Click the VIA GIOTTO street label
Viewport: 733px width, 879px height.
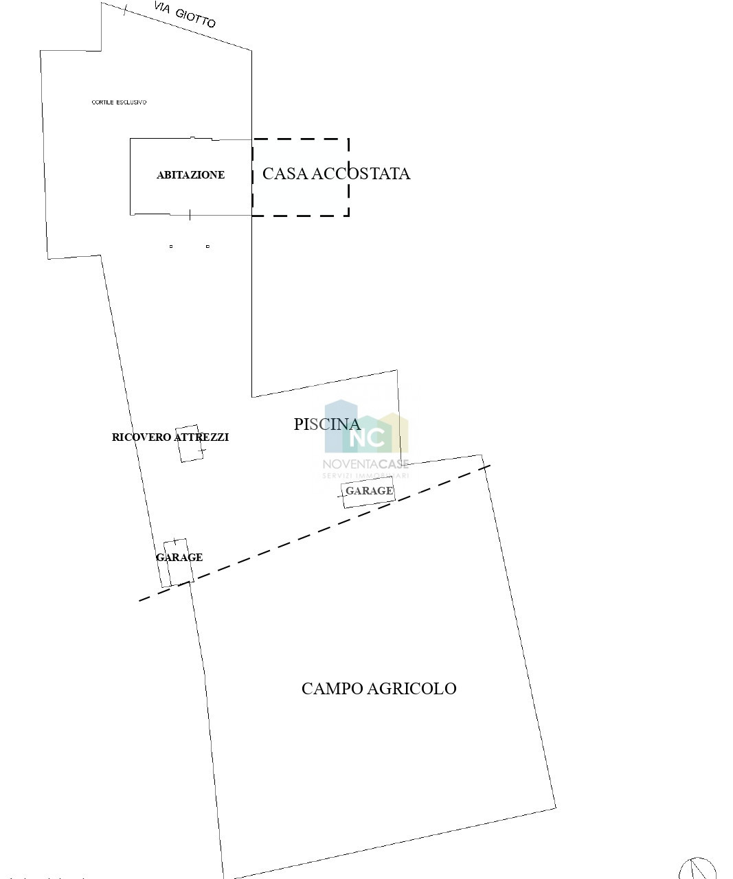pos(185,14)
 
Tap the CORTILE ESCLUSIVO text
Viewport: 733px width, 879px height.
pos(120,102)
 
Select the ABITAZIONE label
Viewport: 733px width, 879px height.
pos(190,174)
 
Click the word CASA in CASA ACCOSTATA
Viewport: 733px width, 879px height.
pos(285,174)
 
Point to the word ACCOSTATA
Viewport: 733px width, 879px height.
pos(360,174)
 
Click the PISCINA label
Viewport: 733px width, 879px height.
pos(327,424)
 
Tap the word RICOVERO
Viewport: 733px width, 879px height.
pos(142,437)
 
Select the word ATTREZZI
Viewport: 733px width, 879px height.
pos(201,437)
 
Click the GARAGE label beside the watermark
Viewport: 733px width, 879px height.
pos(369,490)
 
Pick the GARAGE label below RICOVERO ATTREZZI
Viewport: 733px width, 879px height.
pos(179,558)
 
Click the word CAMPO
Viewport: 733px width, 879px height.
pos(332,689)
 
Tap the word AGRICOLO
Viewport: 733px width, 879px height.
pos(411,689)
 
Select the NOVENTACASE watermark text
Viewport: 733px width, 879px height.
pos(365,464)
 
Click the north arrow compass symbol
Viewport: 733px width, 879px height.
pos(697,867)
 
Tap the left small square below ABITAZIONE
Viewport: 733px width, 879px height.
pos(171,247)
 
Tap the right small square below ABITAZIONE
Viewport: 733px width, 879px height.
pos(207,247)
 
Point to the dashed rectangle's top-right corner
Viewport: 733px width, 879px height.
pos(349,139)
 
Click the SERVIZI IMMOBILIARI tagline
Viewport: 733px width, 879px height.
pos(365,476)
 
